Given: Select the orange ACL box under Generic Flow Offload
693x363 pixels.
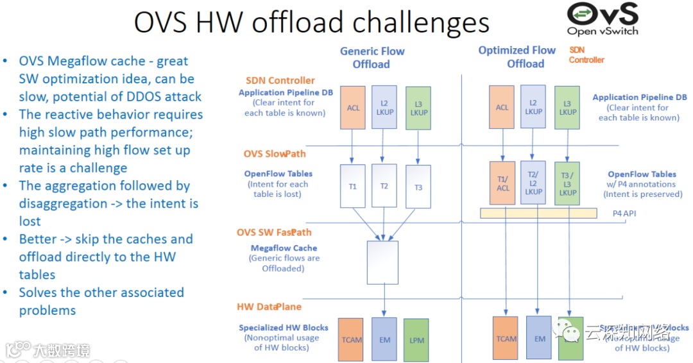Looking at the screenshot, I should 353,108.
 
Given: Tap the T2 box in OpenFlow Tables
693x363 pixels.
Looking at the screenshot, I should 384,186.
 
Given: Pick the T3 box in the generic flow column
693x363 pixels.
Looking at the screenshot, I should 418,187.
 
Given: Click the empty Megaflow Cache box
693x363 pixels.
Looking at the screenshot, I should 382,262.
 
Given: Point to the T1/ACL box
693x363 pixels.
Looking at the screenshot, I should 502,183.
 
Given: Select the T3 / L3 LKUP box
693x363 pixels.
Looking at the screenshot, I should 568,183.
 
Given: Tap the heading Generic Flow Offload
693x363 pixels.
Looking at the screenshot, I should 372,58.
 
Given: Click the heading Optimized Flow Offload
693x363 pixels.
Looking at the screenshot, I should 517,56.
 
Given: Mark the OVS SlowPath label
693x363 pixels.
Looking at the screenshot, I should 275,154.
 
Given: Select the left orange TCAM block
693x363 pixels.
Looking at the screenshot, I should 351,339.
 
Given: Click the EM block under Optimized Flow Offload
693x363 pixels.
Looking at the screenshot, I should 539,338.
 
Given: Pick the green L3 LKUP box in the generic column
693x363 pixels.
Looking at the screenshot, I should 418,107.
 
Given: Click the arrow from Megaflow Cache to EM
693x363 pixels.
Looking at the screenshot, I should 384,300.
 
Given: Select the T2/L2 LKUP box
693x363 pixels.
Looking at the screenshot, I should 534,183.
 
